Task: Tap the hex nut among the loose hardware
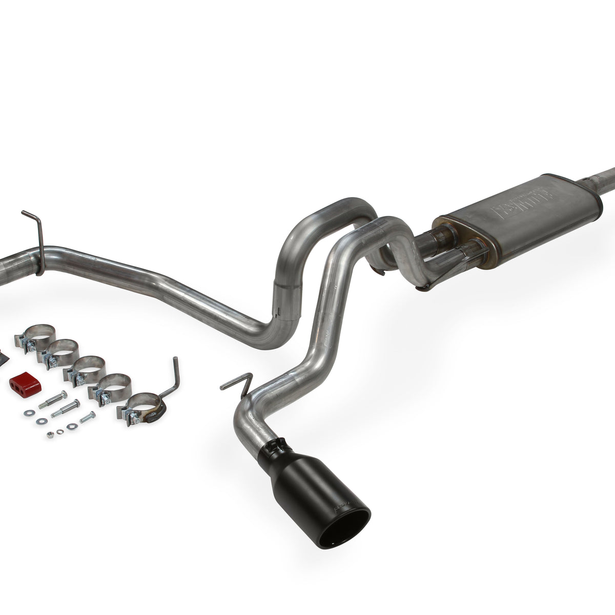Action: pos(50,435)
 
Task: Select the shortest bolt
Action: pos(87,417)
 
